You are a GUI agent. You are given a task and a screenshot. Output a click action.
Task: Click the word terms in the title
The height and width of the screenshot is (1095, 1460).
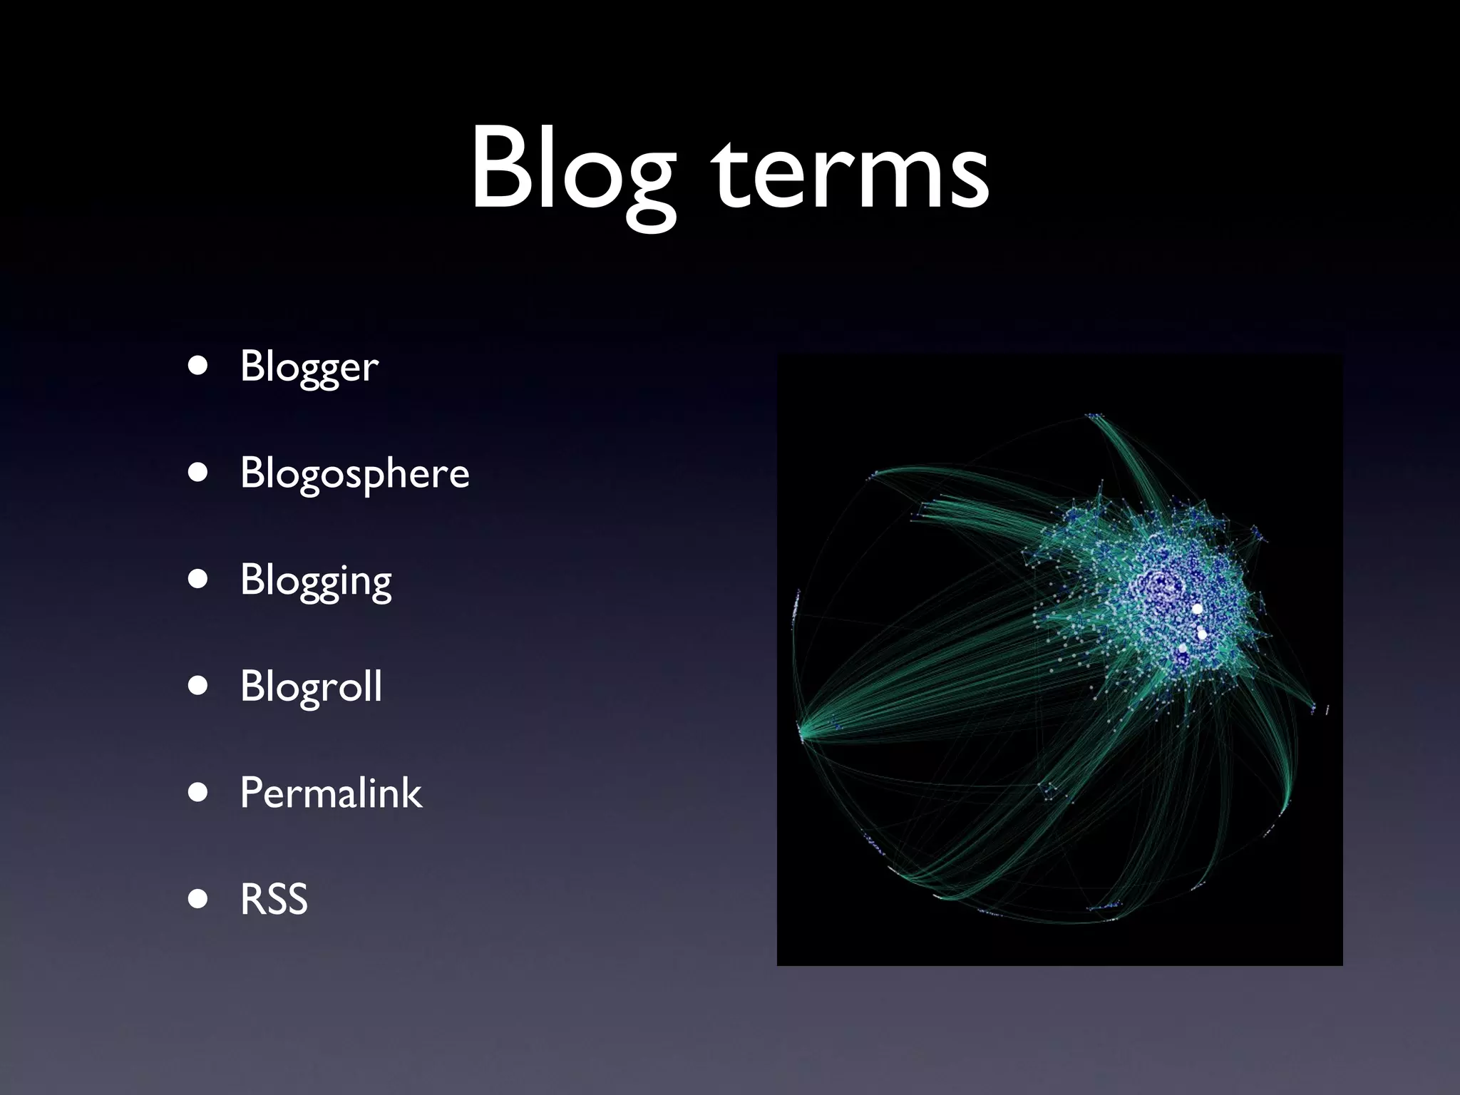tap(852, 175)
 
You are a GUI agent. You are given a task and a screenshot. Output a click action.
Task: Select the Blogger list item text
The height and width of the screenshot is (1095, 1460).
tap(309, 366)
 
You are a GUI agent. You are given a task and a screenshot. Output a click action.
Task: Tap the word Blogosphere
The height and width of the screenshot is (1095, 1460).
tap(355, 473)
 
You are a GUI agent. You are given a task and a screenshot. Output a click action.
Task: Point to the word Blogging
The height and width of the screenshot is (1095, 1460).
tap(316, 580)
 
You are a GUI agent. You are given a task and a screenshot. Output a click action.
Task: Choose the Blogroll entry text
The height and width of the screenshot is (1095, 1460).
tap(311, 686)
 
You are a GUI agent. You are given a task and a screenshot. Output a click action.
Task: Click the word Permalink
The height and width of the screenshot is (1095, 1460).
tap(331, 793)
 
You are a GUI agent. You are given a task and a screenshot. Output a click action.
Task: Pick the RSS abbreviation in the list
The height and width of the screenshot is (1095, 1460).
tap(274, 899)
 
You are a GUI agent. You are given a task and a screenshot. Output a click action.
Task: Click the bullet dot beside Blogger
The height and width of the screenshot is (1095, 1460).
tap(198, 366)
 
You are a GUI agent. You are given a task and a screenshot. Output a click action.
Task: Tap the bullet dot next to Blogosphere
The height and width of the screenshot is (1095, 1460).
tap(198, 472)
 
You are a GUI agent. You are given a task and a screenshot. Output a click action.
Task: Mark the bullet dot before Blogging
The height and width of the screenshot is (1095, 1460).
tap(198, 579)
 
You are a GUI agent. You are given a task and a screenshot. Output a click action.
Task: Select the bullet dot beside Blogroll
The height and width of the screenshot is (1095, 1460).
tap(198, 686)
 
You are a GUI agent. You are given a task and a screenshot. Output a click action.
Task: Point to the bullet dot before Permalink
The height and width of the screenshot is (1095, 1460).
tap(198, 792)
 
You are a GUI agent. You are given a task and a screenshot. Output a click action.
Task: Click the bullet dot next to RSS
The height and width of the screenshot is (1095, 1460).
tap(198, 899)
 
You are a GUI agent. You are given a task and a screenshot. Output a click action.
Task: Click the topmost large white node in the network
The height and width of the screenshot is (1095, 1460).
tap(1197, 609)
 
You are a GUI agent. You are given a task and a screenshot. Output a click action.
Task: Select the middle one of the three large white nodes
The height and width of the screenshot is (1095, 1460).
tap(1203, 634)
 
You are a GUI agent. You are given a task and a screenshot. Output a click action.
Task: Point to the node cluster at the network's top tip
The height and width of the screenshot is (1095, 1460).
tap(1094, 415)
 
